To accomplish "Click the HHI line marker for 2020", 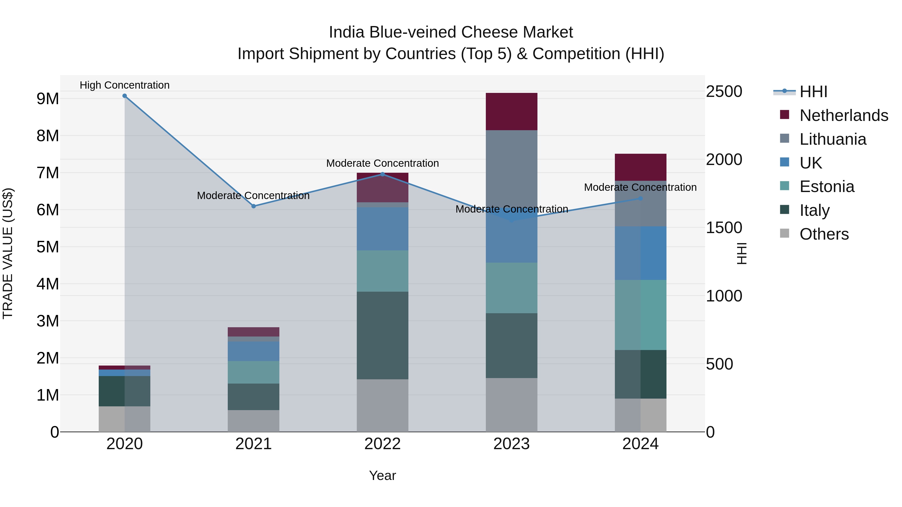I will [x=125, y=96].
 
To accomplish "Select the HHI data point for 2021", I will [x=254, y=207].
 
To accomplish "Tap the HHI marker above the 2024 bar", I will [x=640, y=198].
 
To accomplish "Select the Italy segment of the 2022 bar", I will [x=382, y=335].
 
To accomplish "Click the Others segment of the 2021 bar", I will [x=254, y=421].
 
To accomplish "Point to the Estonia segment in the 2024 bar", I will [x=640, y=315].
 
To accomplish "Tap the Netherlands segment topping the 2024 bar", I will [x=640, y=167].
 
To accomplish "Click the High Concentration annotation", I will [x=125, y=85].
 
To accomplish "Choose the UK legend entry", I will [x=811, y=163].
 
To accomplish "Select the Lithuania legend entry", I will [x=833, y=139].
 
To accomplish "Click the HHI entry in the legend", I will [x=813, y=92].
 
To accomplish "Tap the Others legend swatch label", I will [x=824, y=234].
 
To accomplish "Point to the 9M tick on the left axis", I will [x=48, y=99].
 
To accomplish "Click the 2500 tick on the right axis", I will [x=724, y=91].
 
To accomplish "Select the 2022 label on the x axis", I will [x=382, y=444].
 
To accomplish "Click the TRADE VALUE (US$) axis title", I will [x=8, y=253].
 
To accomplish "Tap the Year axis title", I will [x=382, y=475].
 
